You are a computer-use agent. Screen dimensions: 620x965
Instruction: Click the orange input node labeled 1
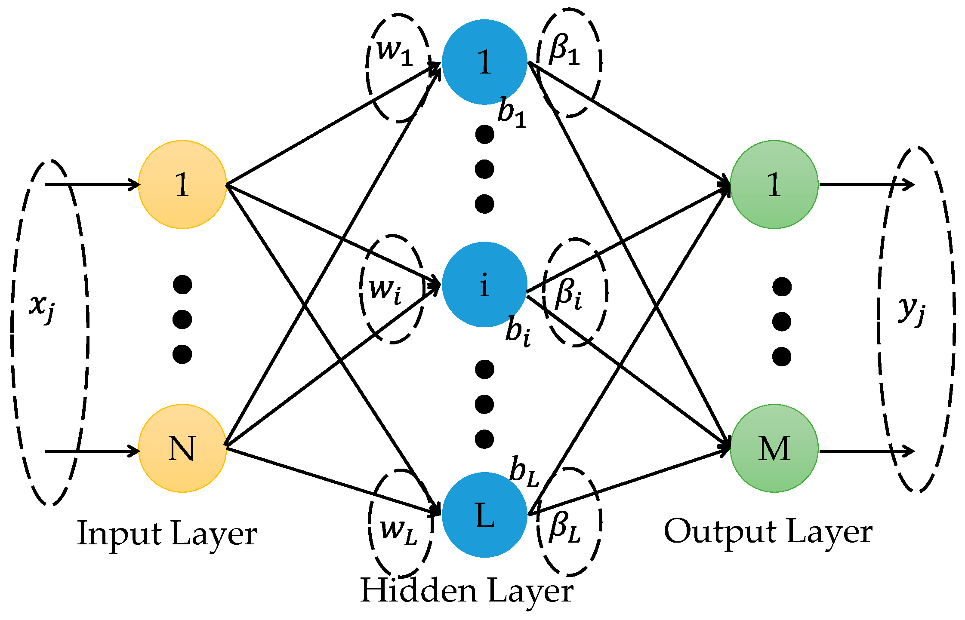point(182,184)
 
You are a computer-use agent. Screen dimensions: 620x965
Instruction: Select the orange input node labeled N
point(182,448)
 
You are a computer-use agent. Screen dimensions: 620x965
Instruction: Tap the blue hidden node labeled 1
point(484,62)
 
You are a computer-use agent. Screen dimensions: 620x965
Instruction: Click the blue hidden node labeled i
point(484,285)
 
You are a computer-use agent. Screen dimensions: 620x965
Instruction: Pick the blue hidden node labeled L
point(484,515)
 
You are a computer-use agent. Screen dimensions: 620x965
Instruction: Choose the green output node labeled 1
point(774,184)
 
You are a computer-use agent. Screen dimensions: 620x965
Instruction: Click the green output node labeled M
point(774,448)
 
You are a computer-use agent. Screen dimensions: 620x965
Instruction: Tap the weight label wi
point(385,291)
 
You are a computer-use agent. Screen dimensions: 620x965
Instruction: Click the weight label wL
point(398,531)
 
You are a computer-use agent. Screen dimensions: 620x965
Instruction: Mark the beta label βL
point(565,528)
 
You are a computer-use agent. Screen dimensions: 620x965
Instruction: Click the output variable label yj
point(911,310)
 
